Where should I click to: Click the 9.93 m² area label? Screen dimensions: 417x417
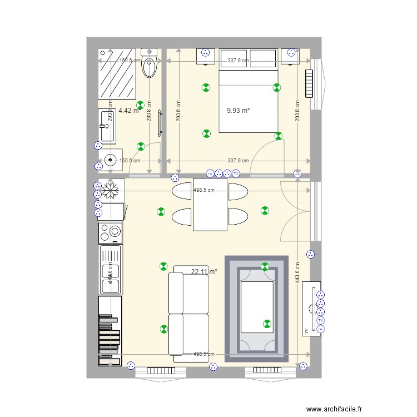coord(238,111)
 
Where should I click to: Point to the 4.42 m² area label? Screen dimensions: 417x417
coord(128,111)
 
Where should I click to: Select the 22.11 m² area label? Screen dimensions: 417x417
coord(203,272)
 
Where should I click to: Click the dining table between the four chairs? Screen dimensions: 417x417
coord(210,205)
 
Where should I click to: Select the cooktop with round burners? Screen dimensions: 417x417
coord(111,232)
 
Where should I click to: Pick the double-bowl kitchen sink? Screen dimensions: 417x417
coord(110,270)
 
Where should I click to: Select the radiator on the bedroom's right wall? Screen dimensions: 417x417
coord(309,83)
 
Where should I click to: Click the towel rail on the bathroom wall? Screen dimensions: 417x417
coord(161,123)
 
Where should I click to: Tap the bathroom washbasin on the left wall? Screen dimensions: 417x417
coord(107,126)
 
